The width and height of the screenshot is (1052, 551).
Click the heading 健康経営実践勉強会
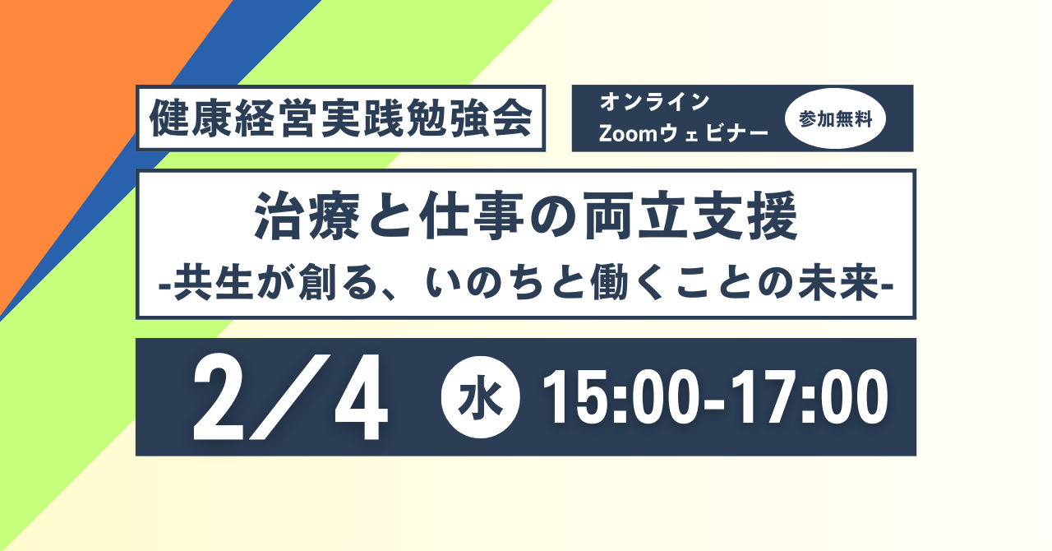(341, 118)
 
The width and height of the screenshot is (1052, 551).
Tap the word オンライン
(654, 102)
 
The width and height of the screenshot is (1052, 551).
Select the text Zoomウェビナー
(683, 134)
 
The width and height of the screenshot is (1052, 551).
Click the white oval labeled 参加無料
(835, 118)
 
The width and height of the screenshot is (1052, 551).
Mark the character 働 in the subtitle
(610, 284)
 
